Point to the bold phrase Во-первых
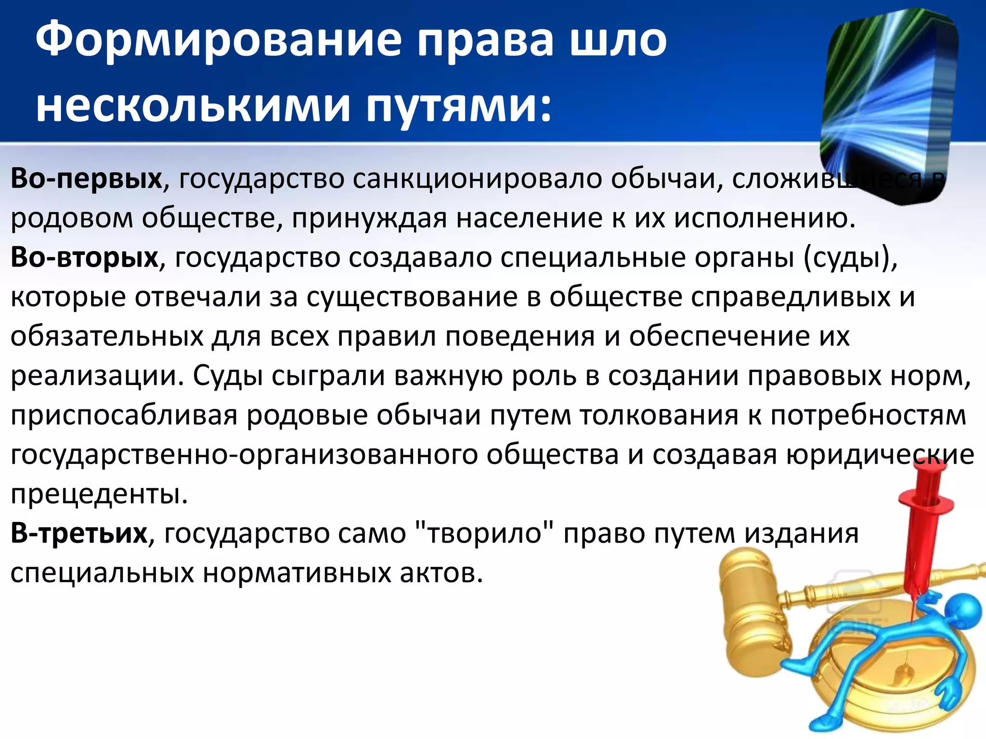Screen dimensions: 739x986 [x=87, y=178]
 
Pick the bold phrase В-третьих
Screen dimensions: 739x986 [x=79, y=534]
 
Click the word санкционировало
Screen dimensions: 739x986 [x=477, y=178]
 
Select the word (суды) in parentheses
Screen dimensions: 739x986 [x=850, y=258]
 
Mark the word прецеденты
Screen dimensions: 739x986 [x=99, y=494]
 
